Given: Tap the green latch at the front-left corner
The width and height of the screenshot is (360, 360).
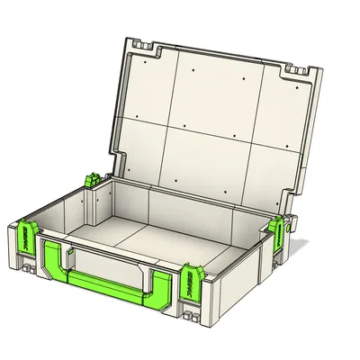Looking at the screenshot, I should point(26,238).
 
